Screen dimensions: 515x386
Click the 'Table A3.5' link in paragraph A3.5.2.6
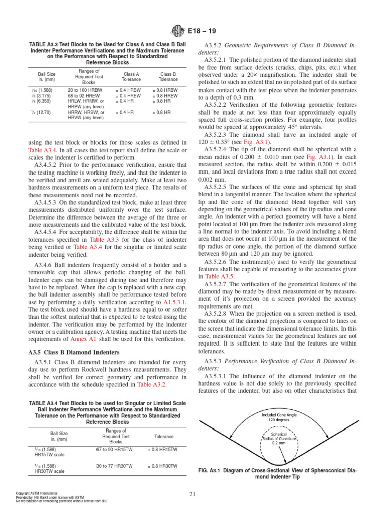click(219, 276)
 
